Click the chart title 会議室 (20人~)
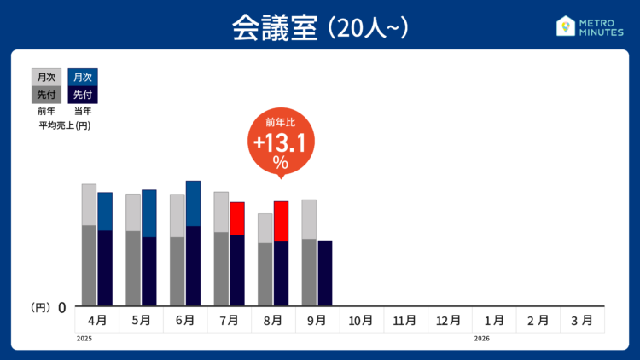320,27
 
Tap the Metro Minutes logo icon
564,26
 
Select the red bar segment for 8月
281,221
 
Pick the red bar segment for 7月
237,218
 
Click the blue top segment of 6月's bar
193,203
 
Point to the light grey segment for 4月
89,204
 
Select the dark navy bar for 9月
324,272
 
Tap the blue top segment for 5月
149,213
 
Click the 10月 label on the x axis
361,321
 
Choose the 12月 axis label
449,321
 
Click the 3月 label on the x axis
581,321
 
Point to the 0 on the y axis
62,307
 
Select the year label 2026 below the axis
482,339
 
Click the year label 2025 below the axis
84,339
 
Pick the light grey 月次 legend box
46,78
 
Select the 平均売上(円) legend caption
65,125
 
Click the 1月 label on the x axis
493,321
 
